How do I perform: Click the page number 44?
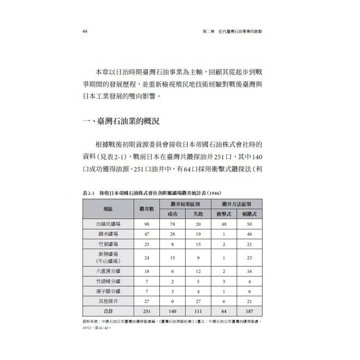84,32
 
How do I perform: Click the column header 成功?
172,214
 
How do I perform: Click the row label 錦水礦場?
108,234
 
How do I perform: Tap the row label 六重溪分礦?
108,271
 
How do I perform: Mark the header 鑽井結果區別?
185,204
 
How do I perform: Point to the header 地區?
108,209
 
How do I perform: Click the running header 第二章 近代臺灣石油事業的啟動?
233,32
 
